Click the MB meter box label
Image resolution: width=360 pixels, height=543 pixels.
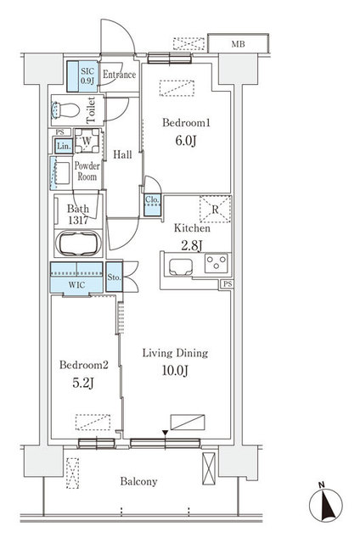238,44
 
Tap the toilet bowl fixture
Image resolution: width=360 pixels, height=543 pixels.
65,110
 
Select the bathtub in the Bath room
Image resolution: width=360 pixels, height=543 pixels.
79,243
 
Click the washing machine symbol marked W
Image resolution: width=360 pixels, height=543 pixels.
87,141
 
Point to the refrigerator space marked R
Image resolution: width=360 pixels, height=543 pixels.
215,210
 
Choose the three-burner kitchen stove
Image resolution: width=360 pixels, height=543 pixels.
217,263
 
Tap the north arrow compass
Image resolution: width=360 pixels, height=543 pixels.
325,504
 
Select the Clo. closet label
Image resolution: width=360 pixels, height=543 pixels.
152,199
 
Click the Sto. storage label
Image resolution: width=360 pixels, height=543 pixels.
114,277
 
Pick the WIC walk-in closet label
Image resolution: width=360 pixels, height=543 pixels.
76,285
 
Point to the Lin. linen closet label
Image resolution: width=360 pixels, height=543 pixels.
64,146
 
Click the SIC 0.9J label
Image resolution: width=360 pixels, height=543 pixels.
87,76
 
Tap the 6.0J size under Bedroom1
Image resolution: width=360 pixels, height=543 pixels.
186,141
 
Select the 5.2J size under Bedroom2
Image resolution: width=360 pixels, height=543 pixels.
83,383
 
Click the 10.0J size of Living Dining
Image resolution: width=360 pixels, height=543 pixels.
175,371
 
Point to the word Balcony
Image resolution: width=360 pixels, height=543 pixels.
138,481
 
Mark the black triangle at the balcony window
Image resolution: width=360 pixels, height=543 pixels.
166,433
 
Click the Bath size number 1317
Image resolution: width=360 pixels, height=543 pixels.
78,221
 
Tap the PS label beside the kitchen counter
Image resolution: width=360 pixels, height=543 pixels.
228,284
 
